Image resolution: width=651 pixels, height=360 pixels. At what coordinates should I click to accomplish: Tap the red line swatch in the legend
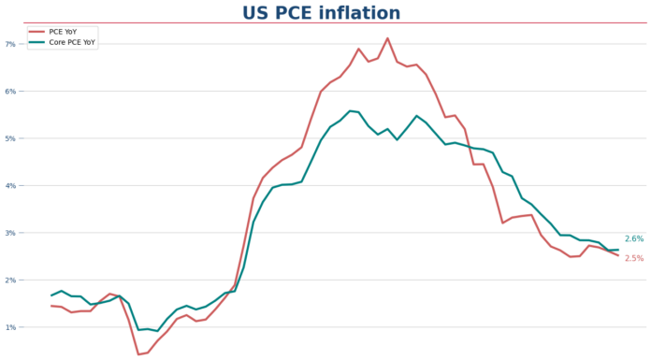pyautogui.click(x=37, y=31)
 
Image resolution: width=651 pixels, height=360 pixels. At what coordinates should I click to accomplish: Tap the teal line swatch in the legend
pyautogui.click(x=37, y=42)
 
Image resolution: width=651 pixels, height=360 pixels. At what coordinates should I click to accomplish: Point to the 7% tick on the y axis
pyautogui.click(x=10, y=44)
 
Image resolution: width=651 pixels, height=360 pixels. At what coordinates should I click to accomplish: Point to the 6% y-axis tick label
pyautogui.click(x=10, y=92)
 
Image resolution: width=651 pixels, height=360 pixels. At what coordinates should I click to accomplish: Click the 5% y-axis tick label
pyautogui.click(x=10, y=138)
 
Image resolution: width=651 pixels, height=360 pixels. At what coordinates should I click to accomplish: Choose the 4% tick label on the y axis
pyautogui.click(x=10, y=186)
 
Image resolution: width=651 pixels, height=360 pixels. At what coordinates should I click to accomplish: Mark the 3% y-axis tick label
pyautogui.click(x=10, y=233)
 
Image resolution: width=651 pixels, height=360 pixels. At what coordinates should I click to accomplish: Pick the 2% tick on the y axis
pyautogui.click(x=10, y=281)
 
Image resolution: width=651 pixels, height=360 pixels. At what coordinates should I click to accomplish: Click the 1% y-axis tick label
pyautogui.click(x=10, y=327)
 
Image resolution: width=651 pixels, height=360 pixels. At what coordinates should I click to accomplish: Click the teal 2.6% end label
pyautogui.click(x=633, y=239)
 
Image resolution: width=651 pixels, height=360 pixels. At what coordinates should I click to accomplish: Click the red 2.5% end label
pyautogui.click(x=633, y=258)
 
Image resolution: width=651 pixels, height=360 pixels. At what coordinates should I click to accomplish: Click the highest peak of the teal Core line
pyautogui.click(x=349, y=110)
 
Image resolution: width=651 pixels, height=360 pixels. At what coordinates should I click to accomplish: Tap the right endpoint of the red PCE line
pyautogui.click(x=617, y=255)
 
